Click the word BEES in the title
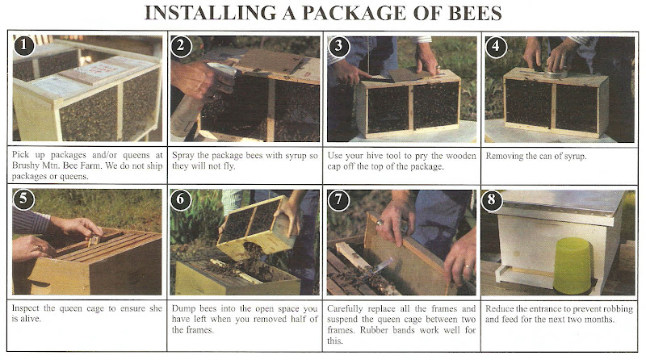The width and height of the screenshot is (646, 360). (475, 13)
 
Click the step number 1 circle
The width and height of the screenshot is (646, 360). (24, 45)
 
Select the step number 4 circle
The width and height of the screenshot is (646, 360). (496, 47)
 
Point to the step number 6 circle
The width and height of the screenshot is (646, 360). (180, 200)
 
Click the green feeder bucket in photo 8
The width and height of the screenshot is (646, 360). (572, 266)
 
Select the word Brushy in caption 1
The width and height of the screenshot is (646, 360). (26, 166)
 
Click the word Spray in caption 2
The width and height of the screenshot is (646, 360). (183, 156)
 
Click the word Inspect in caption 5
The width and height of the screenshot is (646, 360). (26, 308)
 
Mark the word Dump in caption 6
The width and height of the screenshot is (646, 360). (184, 308)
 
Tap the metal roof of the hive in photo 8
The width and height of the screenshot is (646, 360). (562, 201)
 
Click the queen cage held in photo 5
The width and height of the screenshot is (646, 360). (95, 239)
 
